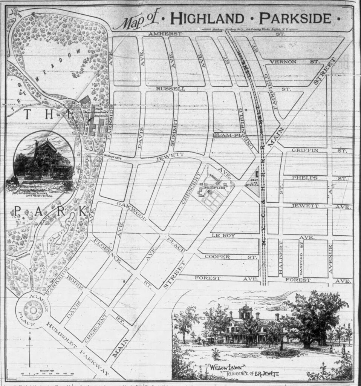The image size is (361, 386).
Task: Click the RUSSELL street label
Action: click(x=173, y=89)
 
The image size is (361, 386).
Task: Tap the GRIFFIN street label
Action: click(x=305, y=150)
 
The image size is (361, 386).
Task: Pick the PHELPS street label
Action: click(x=304, y=178)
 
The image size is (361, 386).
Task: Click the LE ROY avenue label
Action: click(x=223, y=235)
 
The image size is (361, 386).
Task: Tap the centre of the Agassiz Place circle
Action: click(x=32, y=311)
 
